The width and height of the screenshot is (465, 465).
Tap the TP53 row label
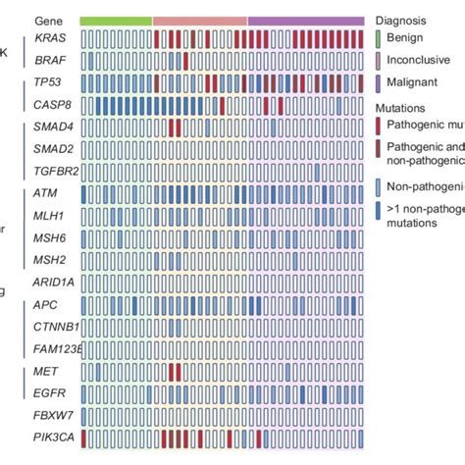pyautogui.click(x=46, y=83)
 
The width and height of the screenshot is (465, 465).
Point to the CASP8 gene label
pyautogui.click(x=49, y=104)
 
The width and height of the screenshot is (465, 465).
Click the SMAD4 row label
pyautogui.click(x=51, y=128)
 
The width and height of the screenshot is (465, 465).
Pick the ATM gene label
pyautogui.click(x=44, y=194)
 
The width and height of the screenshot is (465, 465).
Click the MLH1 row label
pyautogui.click(x=48, y=215)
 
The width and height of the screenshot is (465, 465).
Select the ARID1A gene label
pyautogui.click(x=53, y=282)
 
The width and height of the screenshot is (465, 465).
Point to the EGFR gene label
pyautogui.click(x=48, y=392)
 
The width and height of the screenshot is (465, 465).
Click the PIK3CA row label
pyautogui.click(x=52, y=436)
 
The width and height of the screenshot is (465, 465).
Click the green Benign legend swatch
pyautogui.click(x=378, y=38)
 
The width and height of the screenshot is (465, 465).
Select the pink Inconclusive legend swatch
pyautogui.click(x=378, y=61)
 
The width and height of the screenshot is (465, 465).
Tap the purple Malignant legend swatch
pyautogui.click(x=378, y=82)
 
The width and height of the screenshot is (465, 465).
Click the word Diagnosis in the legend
pyautogui.click(x=400, y=20)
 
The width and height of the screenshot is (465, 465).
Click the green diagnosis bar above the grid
pyautogui.click(x=116, y=20)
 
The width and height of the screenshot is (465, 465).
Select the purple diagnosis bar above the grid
pyautogui.click(x=306, y=20)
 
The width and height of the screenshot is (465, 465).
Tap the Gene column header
pyautogui.click(x=46, y=20)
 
